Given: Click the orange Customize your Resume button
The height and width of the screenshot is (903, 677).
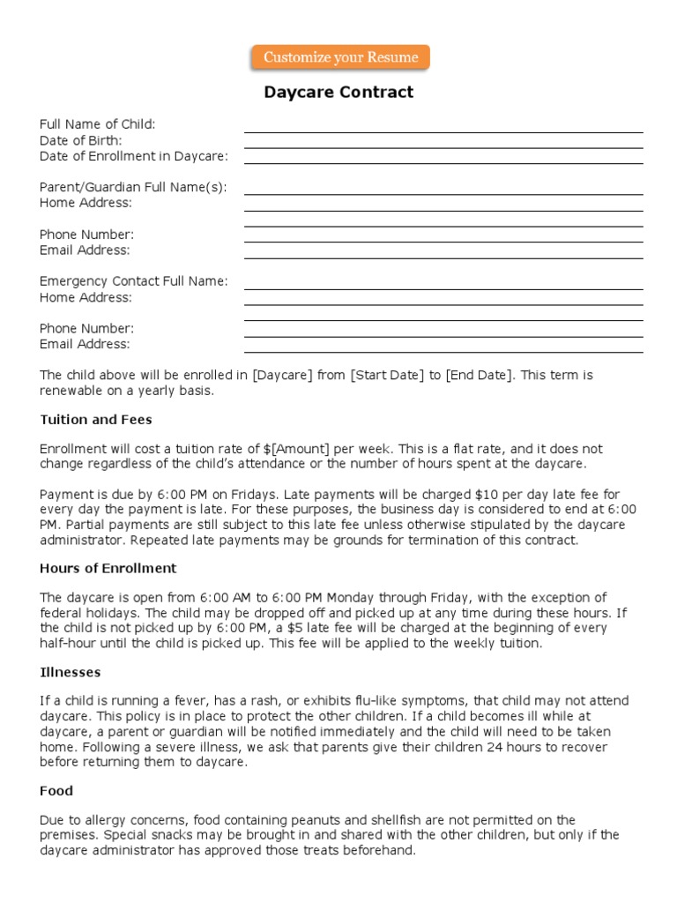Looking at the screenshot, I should click(340, 57).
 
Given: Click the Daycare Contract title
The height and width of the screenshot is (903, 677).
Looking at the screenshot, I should click(338, 93).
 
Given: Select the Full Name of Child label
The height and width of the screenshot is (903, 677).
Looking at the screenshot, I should click(97, 124).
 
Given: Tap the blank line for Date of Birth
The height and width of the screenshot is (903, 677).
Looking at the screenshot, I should click(443, 146).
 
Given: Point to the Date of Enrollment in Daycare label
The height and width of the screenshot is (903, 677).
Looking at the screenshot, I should click(133, 156).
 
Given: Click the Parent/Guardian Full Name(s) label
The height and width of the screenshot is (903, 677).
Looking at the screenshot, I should click(132, 187).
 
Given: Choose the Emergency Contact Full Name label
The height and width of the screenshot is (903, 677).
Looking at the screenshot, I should click(133, 281).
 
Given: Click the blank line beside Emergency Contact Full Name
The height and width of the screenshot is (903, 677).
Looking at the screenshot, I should click(443, 287).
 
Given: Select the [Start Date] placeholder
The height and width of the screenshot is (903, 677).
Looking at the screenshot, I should click(387, 375).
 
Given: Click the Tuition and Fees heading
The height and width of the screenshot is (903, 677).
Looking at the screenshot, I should click(95, 420).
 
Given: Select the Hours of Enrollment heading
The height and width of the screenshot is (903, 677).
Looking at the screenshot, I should click(108, 568).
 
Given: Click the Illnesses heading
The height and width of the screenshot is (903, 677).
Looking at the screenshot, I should click(70, 672).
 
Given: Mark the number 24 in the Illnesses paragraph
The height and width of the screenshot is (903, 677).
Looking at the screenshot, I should click(489, 748).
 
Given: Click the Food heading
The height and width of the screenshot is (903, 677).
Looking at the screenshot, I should click(56, 791).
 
